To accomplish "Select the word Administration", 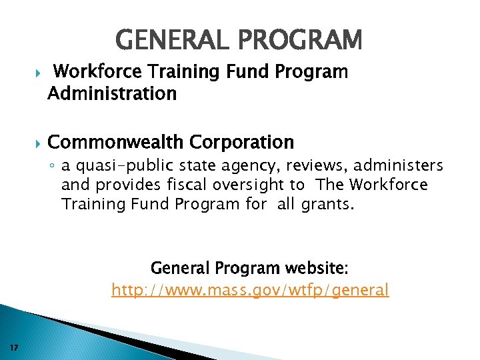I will [112, 93].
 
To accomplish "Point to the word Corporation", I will [242, 142].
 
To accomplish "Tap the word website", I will [317, 268].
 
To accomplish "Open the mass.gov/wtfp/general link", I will [250, 290].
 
